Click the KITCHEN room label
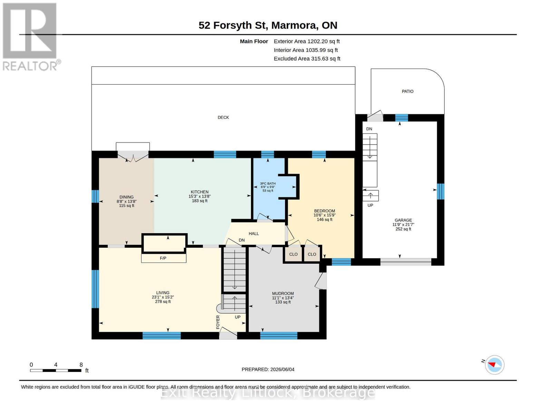pyautogui.click(x=199, y=192)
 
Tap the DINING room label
pyautogui.click(x=127, y=197)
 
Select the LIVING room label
pyautogui.click(x=163, y=293)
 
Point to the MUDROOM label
pyautogui.click(x=283, y=294)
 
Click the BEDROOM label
pyautogui.click(x=324, y=211)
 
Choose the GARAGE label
pyautogui.click(x=403, y=220)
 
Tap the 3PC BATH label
pyautogui.click(x=267, y=184)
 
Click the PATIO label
pyautogui.click(x=408, y=91)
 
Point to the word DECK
pyautogui.click(x=223, y=118)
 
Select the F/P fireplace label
pyautogui.click(x=163, y=258)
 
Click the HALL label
pyautogui.click(x=254, y=234)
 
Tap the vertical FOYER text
pyautogui.click(x=218, y=322)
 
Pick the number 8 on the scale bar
pyautogui.click(x=81, y=365)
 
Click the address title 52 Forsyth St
pyautogui.click(x=233, y=25)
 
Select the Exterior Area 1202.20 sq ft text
pyautogui.click(x=306, y=41)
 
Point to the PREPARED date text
pyautogui.click(x=268, y=369)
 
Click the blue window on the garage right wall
pyautogui.click(x=440, y=191)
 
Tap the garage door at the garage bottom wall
pyautogui.click(x=406, y=262)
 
